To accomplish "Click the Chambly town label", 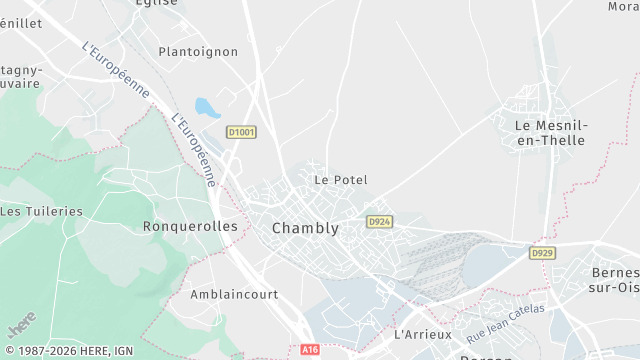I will tap(305, 228).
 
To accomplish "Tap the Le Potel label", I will tap(341, 180).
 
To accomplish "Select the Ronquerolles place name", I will tap(190, 226).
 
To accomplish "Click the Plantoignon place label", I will tap(198, 50).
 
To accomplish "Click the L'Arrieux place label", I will tap(424, 334).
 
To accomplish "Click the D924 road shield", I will tap(378, 221).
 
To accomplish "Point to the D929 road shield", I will tap(542, 254).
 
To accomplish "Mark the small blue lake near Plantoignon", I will tap(204, 106).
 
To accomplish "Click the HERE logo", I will tap(19, 327).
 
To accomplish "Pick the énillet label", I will tap(21, 22).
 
